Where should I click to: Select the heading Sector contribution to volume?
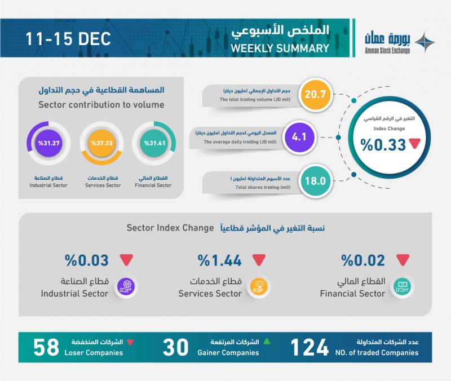pos(101,104)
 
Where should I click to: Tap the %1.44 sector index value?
pos(220,261)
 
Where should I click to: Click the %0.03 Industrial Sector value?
pos(86,261)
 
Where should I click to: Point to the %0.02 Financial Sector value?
pos(363,261)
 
